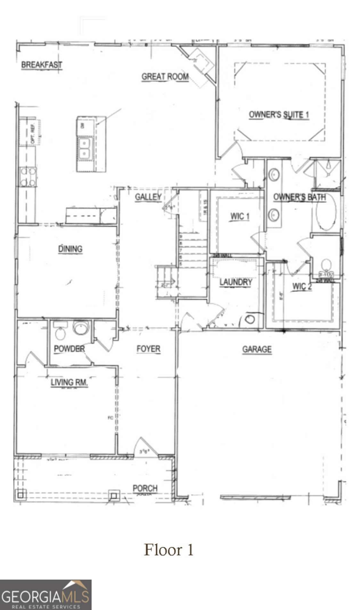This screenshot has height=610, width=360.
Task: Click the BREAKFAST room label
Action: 42,65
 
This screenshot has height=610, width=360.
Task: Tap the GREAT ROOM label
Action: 165,77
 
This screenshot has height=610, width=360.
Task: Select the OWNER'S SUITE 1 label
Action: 279,115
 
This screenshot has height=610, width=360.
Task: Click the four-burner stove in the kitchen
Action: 28,177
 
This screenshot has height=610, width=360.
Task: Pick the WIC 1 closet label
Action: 240,216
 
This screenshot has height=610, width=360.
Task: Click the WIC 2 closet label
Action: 302,286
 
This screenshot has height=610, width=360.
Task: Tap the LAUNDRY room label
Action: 236,282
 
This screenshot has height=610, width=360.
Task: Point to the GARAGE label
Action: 257,349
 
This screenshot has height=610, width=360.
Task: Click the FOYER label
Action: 148,349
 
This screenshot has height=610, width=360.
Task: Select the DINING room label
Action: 70,249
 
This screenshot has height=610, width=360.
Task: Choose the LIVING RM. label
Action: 69,382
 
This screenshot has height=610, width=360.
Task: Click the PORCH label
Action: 145,488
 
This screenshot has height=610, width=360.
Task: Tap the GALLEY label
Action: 148,197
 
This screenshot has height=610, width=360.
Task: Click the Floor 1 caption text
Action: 169,550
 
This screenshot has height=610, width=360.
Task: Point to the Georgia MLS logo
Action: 45,594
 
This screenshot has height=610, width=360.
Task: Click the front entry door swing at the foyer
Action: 145,447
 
